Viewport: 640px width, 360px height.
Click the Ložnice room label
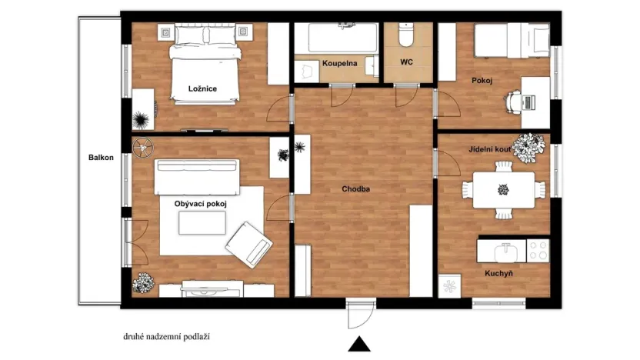(x=202, y=88)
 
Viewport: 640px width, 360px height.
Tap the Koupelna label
(x=339, y=63)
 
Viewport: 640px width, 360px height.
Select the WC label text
(x=408, y=63)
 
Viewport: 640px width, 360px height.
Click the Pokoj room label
(x=482, y=81)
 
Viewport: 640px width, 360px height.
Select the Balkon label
(x=101, y=158)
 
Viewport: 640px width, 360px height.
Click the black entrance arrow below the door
(x=358, y=344)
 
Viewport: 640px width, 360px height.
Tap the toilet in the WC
(x=408, y=36)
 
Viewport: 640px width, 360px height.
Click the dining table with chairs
(x=504, y=189)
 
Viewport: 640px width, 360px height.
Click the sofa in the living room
(x=198, y=177)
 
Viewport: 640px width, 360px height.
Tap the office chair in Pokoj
(x=515, y=100)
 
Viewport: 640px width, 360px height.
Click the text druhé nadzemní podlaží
(x=166, y=336)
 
